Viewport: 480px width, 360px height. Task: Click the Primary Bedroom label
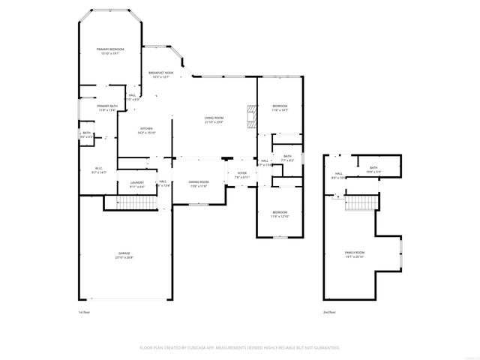(x=109, y=51)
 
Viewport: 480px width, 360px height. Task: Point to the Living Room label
(x=214, y=119)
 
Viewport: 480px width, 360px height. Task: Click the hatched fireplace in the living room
(x=252, y=118)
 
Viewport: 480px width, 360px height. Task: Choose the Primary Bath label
(x=106, y=108)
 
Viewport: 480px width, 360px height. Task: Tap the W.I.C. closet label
(x=98, y=169)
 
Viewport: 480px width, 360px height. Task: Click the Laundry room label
(x=136, y=184)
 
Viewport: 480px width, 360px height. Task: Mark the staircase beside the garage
(x=133, y=203)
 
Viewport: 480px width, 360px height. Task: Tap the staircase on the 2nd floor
(x=361, y=202)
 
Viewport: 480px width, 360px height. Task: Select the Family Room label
(x=354, y=253)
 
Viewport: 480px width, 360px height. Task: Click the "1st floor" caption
(x=84, y=312)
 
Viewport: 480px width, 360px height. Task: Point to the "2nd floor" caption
(x=329, y=312)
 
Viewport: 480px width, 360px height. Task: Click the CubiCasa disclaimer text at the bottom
(x=240, y=348)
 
